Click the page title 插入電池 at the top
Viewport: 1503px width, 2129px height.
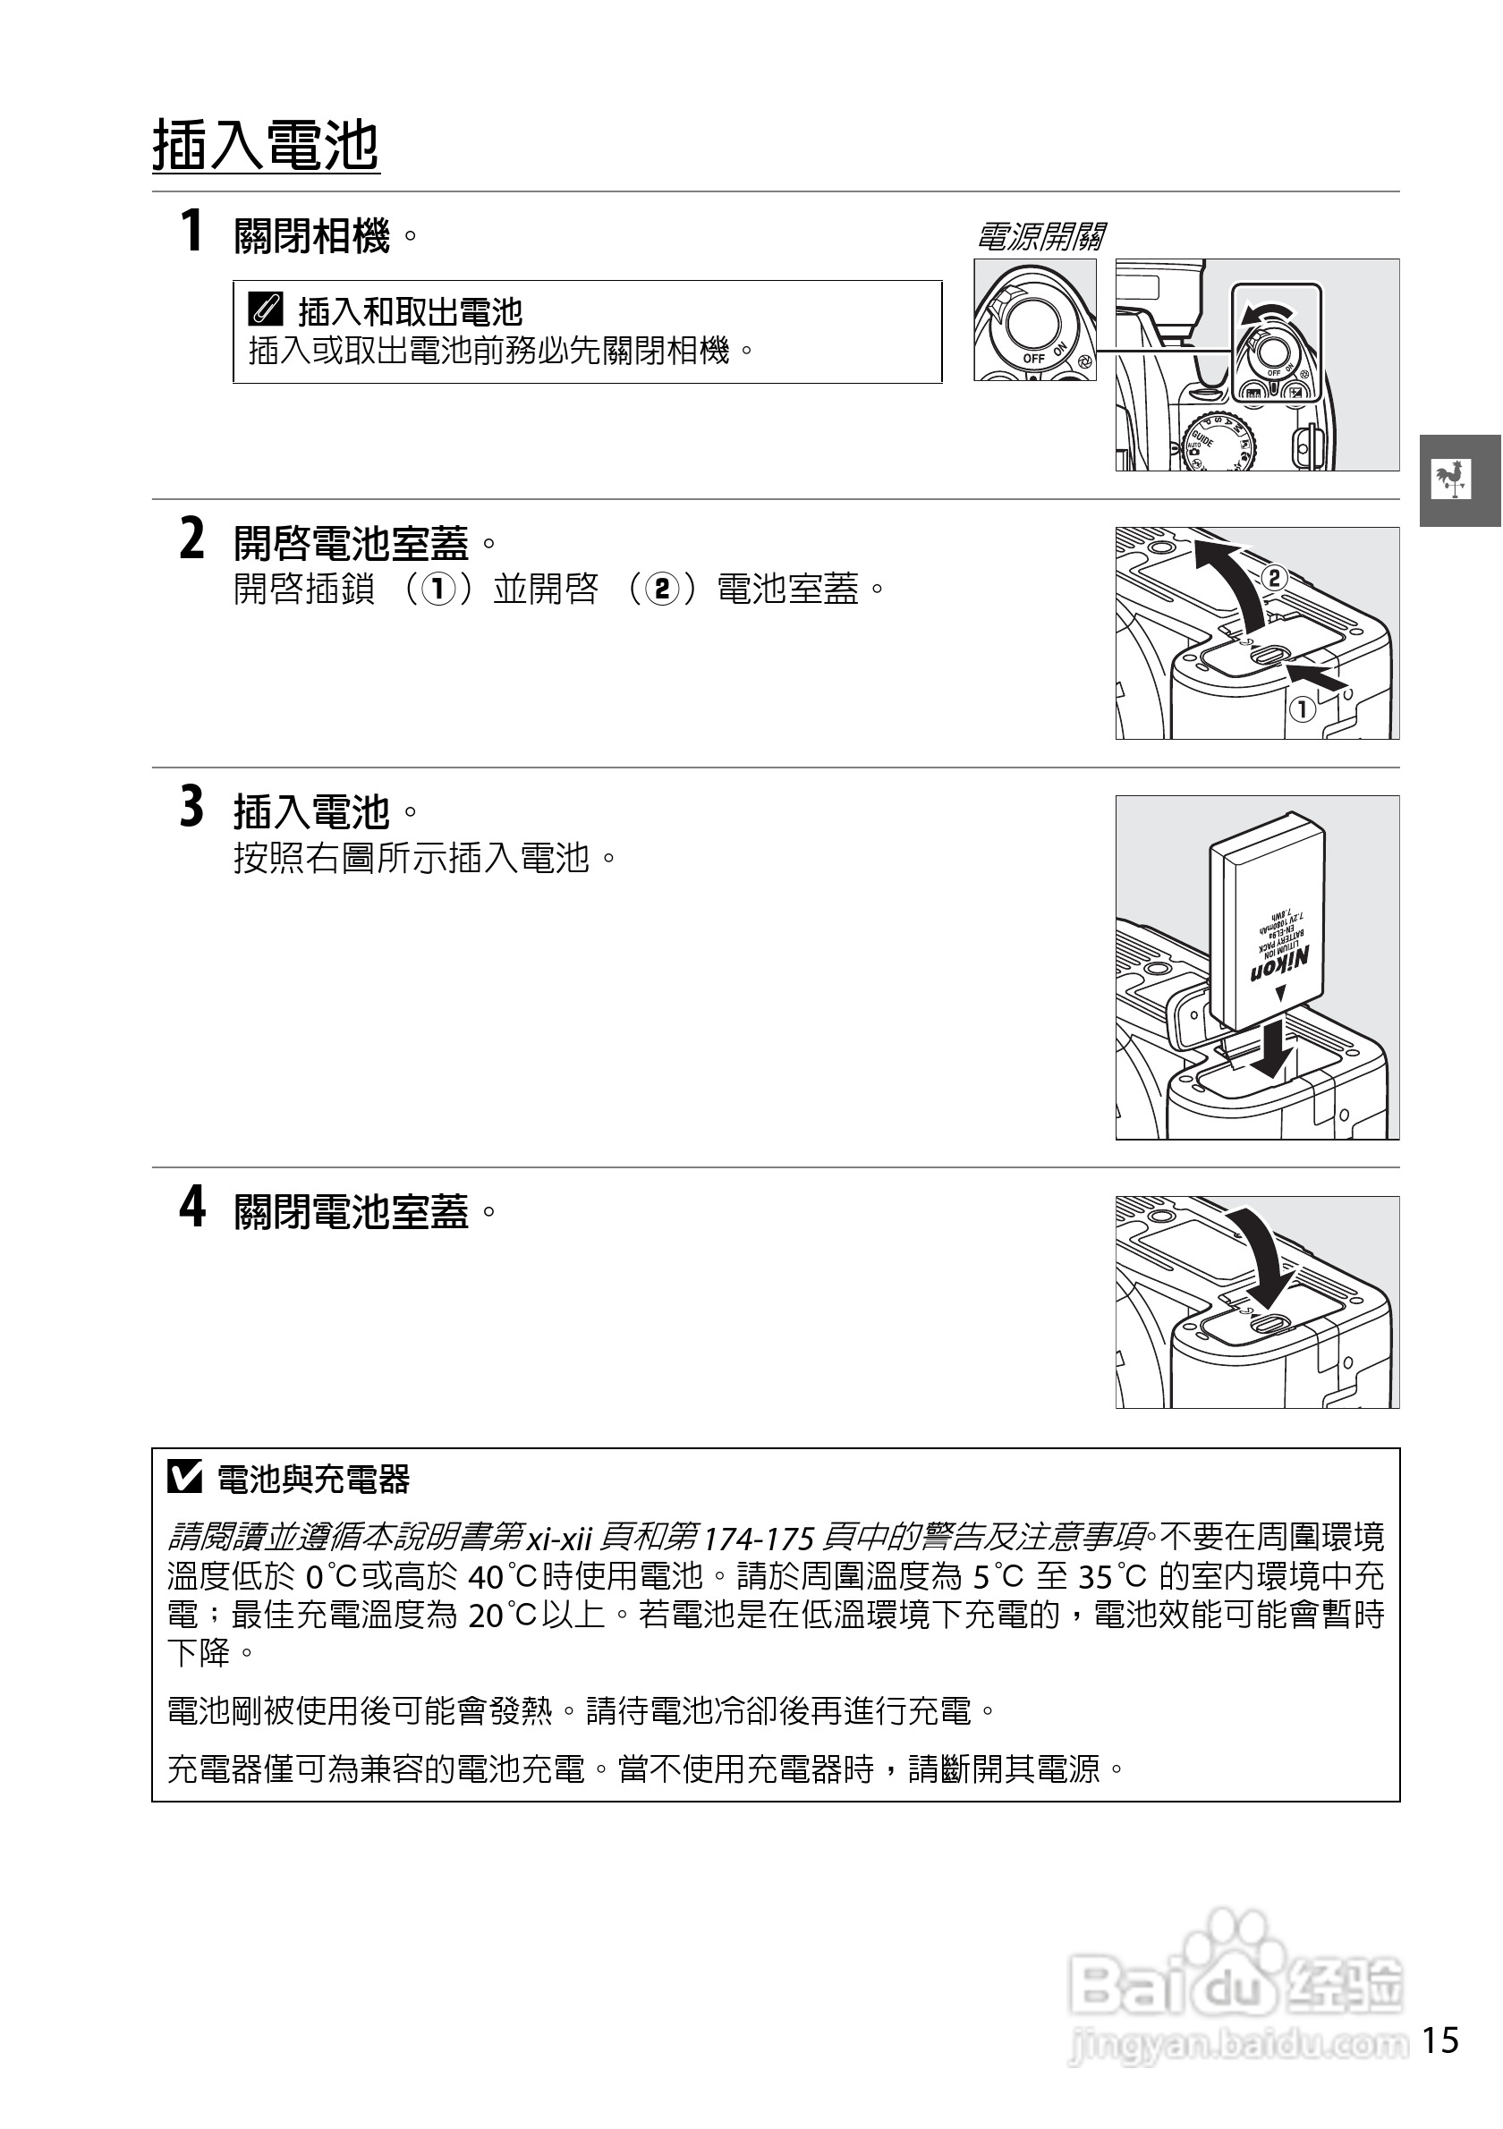tap(266, 145)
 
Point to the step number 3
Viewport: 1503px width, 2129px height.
tap(192, 806)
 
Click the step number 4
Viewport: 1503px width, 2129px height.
tap(192, 1207)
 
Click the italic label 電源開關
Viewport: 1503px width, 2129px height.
tap(1040, 236)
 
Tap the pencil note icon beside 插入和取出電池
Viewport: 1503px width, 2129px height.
tap(265, 310)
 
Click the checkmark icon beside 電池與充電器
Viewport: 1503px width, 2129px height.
tap(184, 1478)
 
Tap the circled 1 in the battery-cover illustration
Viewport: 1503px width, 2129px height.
tap(1302, 710)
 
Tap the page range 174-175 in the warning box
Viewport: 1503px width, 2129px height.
tap(760, 1540)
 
